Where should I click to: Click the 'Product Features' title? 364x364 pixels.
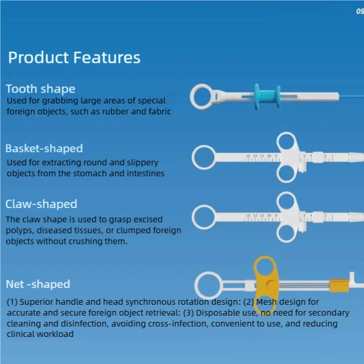point(74,57)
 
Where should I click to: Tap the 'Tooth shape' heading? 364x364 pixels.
point(41,89)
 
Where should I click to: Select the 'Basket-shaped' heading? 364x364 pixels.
point(44,149)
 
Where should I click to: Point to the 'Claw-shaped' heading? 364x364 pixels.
point(41,204)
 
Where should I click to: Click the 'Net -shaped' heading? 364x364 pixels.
point(38,284)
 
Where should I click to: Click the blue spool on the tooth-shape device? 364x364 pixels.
point(266,97)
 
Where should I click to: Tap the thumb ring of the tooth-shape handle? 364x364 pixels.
point(202,97)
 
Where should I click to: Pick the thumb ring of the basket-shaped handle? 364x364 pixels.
point(204,157)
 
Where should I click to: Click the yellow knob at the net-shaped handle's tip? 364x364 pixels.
point(339,284)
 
